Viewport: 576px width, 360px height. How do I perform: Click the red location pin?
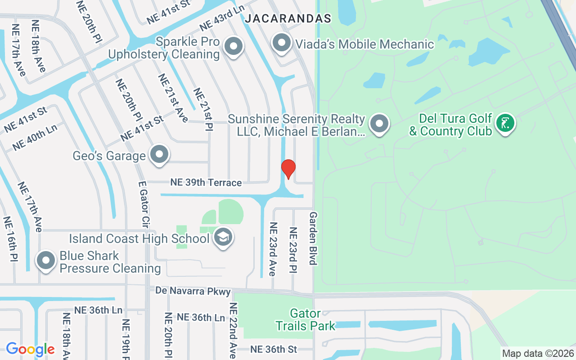tap(288, 169)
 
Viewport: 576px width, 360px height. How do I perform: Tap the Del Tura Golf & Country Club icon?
tap(505, 123)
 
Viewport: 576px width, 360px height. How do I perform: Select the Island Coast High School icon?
tap(223, 237)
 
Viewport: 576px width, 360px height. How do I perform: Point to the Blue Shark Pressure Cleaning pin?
tap(46, 261)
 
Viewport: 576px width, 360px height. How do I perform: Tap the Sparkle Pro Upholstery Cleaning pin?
tap(233, 46)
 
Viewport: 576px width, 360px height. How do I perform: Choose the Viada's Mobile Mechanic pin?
tap(282, 43)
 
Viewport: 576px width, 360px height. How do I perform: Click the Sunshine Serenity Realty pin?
tap(379, 123)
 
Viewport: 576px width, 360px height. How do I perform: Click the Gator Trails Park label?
tap(306, 319)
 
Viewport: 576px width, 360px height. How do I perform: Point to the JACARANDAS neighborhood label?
tap(288, 19)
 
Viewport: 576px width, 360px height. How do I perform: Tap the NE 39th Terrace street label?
tap(206, 183)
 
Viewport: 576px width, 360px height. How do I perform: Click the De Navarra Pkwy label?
tap(193, 291)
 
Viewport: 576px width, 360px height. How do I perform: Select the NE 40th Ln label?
tap(35, 137)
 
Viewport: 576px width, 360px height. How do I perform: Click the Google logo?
tap(30, 349)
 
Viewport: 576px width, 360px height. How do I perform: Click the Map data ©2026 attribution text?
tap(538, 354)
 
